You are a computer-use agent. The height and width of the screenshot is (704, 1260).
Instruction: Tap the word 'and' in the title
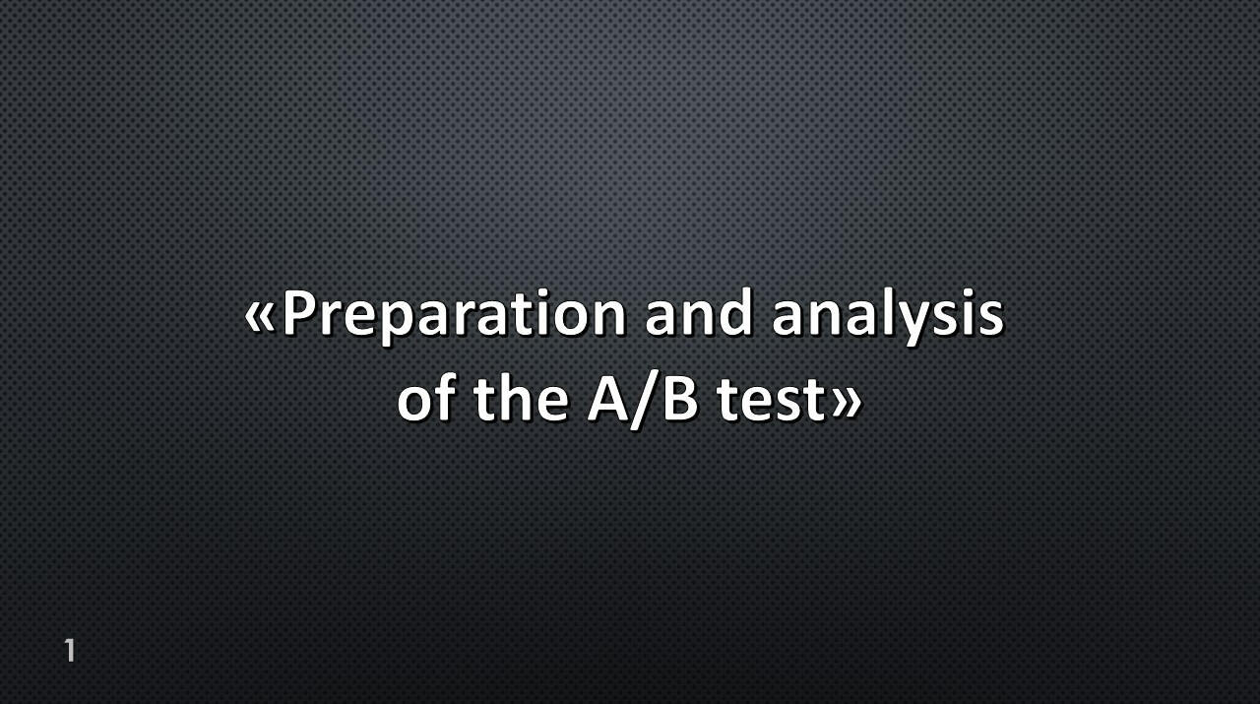tap(699, 313)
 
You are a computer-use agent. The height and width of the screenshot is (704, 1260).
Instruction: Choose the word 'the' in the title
tap(521, 399)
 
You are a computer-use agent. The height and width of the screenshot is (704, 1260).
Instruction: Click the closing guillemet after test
tap(846, 404)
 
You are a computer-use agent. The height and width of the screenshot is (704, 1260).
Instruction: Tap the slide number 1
tap(70, 651)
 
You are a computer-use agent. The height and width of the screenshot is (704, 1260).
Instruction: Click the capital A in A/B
tap(608, 400)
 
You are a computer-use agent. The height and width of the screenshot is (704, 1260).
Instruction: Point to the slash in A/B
tap(647, 403)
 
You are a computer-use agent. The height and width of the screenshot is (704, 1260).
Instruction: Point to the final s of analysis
tap(990, 318)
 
